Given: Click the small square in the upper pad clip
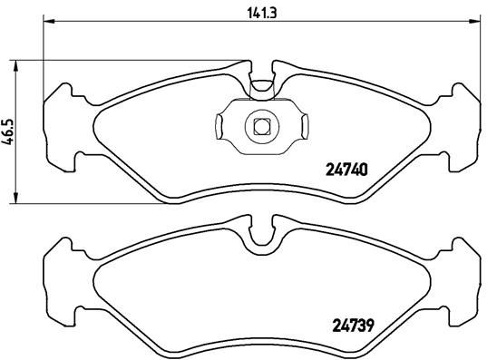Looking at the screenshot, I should click(261, 126).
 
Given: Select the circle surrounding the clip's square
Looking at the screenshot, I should click(261, 136).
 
